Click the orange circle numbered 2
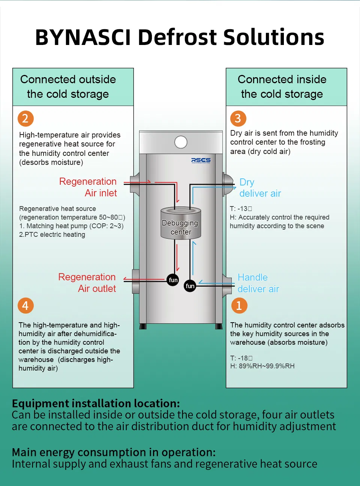pos(25,118)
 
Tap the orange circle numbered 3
pos(238,118)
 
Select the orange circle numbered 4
pos(25,306)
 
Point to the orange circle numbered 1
pos(239,306)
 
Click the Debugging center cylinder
pos(181,224)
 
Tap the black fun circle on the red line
pos(173,280)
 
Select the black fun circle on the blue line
pos(190,286)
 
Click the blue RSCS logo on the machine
pos(201,160)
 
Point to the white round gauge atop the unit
pos(181,142)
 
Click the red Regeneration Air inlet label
pos(88,187)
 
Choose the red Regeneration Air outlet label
pos(87,283)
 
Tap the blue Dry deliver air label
pos(260,188)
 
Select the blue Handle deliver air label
pos(258,283)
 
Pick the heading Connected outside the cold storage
pos(68,87)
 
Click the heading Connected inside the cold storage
pos(282,87)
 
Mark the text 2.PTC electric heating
pos(52,235)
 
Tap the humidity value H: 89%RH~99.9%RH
pos(262,366)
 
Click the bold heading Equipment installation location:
pos(96,404)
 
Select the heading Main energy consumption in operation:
pos(114,452)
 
